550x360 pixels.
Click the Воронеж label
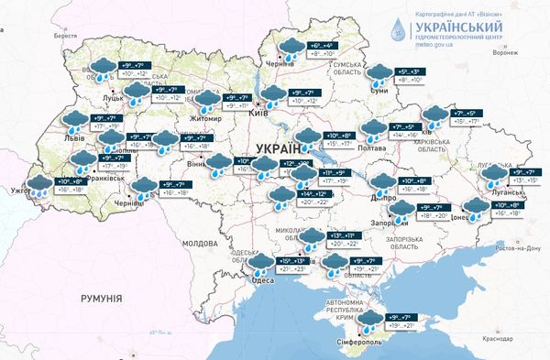505,52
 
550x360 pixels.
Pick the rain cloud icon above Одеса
263,265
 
